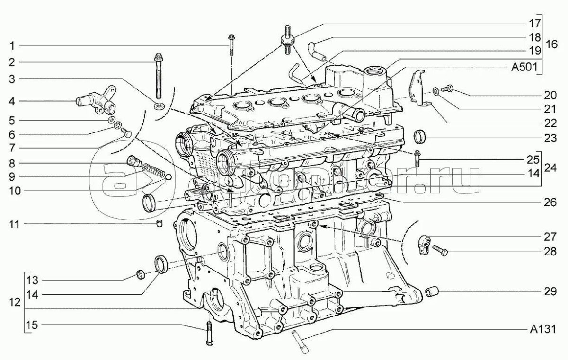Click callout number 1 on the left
[12, 45]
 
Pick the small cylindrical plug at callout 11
[160, 223]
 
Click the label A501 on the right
[524, 67]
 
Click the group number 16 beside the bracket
[552, 45]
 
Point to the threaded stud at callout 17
[287, 41]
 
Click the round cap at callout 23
[420, 136]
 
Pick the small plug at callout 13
[140, 274]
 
